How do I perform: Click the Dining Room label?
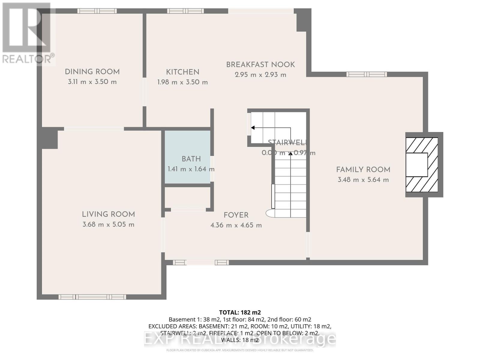[92, 72]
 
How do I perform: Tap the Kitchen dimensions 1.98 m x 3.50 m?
[182, 82]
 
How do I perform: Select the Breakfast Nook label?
[260, 64]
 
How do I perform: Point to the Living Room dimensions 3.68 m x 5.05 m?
[108, 224]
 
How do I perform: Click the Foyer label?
[236, 215]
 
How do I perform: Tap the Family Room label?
[363, 169]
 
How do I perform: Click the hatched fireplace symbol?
[421, 165]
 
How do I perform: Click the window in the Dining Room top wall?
[97, 11]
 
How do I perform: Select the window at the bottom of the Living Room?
[92, 297]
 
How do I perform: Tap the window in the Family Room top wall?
[366, 74]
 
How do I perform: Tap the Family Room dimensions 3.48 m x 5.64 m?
[363, 180]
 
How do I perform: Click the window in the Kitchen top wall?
[185, 11]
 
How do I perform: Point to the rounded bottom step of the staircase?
[270, 213]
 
